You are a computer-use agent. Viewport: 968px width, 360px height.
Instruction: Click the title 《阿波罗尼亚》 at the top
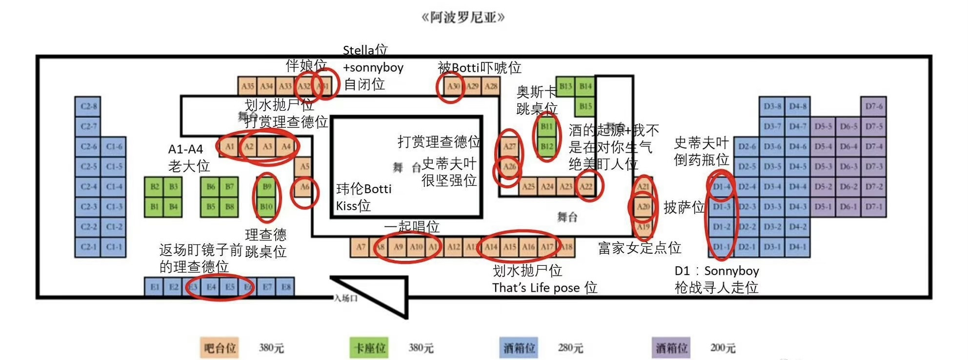pos(463,18)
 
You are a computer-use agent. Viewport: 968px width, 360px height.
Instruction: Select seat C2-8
pos(88,106)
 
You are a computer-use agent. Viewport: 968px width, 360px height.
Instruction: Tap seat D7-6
pos(873,106)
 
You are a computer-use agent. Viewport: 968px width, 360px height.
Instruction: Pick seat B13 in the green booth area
pos(565,86)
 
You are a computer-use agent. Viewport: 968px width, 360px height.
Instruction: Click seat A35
pos(247,86)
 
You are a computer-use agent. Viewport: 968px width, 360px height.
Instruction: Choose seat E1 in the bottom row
pos(154,287)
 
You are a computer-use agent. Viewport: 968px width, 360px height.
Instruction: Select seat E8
pos(285,287)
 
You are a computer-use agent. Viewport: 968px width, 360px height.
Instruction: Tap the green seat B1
pos(154,207)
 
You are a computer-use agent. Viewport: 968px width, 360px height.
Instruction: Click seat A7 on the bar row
pos(360,247)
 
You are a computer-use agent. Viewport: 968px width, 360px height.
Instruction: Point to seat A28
pos(491,86)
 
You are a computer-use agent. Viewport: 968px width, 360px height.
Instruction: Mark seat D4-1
pos(797,247)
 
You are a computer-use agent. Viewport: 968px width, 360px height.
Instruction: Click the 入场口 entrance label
pos(345,298)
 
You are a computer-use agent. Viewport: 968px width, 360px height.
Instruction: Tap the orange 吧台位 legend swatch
pos(220,348)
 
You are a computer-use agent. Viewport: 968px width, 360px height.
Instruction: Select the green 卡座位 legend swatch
pos(369,348)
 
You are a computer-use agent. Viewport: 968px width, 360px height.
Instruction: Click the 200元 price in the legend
pos(723,348)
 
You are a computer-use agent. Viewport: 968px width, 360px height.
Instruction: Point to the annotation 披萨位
pos(684,207)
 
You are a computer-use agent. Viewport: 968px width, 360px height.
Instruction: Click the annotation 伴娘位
pos(306,65)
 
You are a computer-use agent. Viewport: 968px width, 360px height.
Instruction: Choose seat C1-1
pos(114,247)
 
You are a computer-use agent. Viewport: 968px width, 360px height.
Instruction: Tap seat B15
pos(585,106)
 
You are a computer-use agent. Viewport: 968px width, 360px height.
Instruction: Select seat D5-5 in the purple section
pos(823,126)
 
